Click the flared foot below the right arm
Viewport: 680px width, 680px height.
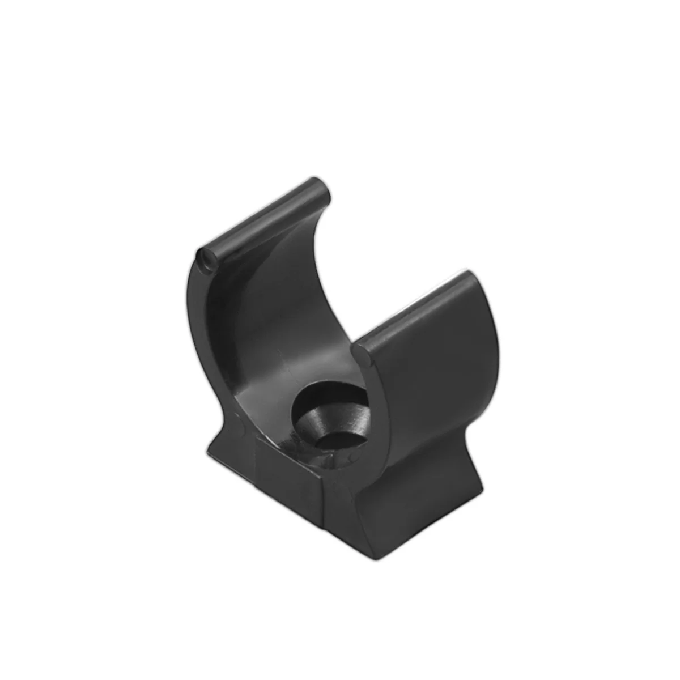(419, 499)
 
